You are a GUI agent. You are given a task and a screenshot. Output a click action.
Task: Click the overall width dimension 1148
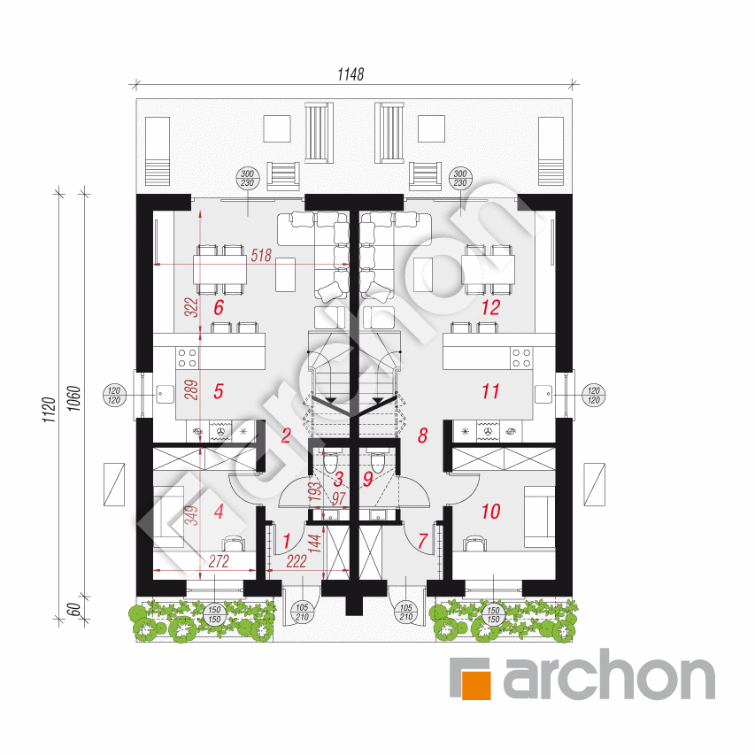[x=351, y=74]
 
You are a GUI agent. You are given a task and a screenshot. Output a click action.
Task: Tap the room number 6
[x=219, y=308]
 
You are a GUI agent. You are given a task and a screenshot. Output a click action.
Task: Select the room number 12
[x=490, y=308]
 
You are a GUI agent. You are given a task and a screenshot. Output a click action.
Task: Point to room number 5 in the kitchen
[x=219, y=391]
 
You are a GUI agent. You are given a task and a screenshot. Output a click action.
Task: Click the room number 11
[x=490, y=391]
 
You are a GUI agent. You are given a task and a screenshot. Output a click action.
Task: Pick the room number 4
[x=219, y=512]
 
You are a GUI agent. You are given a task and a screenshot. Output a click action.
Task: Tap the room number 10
[x=490, y=512]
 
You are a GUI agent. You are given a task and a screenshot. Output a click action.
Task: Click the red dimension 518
[x=261, y=255]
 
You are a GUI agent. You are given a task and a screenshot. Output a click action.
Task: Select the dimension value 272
[x=219, y=561]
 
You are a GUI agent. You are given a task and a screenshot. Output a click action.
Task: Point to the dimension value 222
[x=297, y=561]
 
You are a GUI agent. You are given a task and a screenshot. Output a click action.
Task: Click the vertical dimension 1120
[x=50, y=410]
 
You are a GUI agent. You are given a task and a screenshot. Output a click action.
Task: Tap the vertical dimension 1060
[x=74, y=398]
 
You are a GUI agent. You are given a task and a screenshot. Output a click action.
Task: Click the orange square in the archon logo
[x=475, y=683]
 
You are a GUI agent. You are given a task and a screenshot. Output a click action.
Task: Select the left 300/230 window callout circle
[x=248, y=179]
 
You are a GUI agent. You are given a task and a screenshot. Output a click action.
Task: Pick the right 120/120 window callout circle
[x=594, y=396]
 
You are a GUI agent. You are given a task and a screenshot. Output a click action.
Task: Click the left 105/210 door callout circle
[x=302, y=612]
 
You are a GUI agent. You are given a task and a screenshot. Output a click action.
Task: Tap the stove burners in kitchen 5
[x=188, y=358]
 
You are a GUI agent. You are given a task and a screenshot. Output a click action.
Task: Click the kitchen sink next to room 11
[x=543, y=395]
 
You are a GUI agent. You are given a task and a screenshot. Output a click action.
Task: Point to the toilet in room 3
[x=330, y=462]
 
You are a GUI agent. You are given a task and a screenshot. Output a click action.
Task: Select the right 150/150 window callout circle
[x=494, y=615]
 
